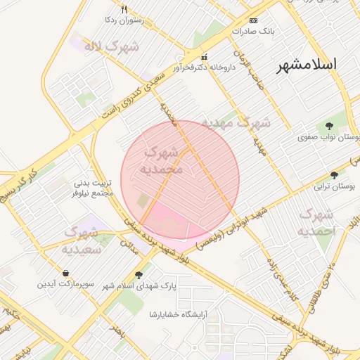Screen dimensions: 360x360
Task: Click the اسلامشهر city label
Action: click(x=307, y=65)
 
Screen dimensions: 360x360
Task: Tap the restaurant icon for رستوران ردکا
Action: click(x=124, y=10)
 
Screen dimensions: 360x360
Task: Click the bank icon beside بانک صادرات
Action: click(x=254, y=20)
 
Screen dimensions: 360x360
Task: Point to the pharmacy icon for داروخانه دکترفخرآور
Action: click(x=204, y=57)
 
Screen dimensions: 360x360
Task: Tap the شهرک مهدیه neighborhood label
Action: click(x=236, y=122)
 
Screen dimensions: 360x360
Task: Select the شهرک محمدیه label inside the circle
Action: click(x=163, y=160)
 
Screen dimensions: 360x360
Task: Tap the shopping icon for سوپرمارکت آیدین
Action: click(x=65, y=273)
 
